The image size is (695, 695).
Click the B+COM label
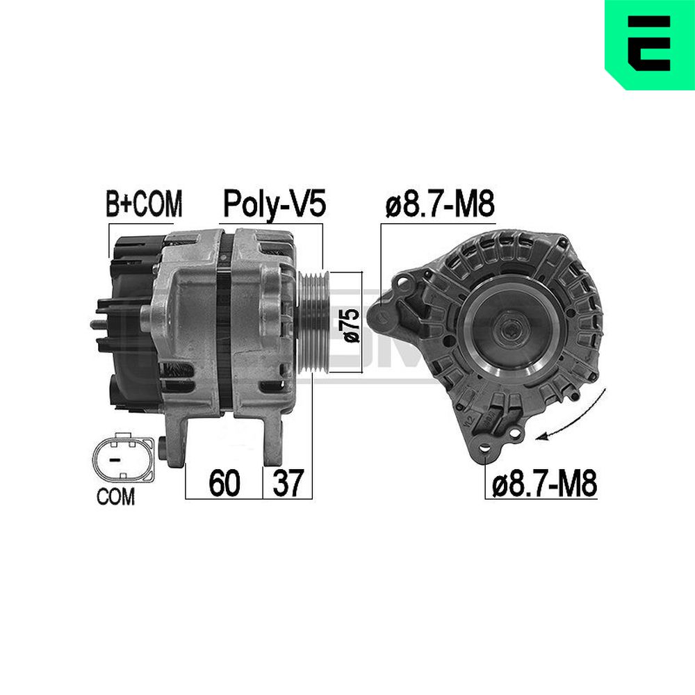coord(144,204)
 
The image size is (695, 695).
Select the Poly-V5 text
coord(275,204)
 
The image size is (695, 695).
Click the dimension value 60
coord(224,483)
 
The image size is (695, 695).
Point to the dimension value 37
coord(288,483)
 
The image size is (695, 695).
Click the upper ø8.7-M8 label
coord(440,205)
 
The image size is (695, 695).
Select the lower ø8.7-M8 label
coord(545,483)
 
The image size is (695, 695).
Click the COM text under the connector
coord(115,496)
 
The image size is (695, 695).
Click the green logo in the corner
coord(650,44)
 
